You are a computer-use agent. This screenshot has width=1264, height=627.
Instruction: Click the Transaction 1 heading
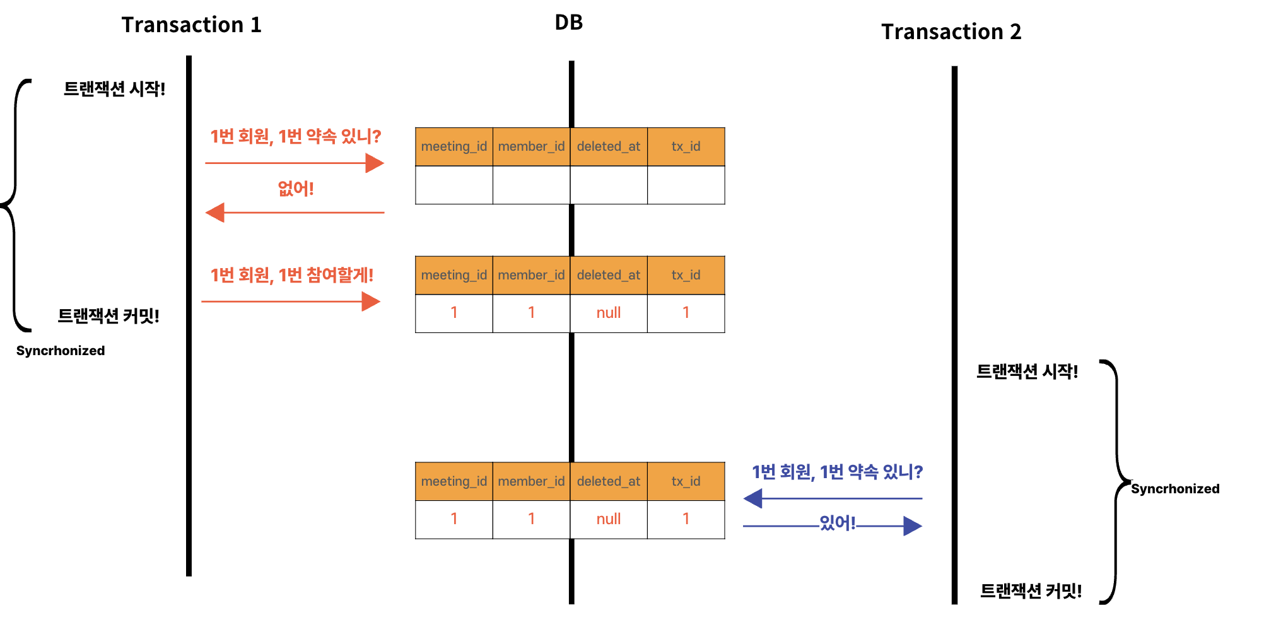191,25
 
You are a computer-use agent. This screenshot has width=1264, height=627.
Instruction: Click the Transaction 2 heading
951,32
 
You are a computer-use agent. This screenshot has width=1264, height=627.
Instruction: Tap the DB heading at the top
568,23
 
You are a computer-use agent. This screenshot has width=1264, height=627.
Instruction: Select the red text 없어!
295,188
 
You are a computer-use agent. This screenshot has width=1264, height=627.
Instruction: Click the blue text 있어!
837,523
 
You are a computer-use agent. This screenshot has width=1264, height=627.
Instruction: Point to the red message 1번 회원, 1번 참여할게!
291,275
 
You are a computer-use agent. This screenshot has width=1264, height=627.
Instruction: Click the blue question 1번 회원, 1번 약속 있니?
837,472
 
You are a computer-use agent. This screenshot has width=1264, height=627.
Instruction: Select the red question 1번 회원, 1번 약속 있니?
295,136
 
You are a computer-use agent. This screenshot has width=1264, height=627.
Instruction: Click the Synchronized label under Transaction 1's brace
61,351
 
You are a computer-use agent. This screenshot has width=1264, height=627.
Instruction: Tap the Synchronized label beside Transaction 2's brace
1174,489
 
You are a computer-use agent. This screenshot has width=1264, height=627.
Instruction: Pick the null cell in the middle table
609,313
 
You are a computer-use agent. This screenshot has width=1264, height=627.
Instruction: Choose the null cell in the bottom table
609,519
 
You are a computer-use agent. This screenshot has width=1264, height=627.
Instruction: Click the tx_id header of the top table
686,146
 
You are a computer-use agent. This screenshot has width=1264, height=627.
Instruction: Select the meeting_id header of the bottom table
454,481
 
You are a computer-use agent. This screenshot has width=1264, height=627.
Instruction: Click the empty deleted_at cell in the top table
609,185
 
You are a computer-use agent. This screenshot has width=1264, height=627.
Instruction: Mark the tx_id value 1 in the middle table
686,313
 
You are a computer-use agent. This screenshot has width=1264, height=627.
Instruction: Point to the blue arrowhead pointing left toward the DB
753,498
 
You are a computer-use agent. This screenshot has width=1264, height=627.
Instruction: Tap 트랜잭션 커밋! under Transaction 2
1031,591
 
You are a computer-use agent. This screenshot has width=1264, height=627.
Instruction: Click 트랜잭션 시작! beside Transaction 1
114,89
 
